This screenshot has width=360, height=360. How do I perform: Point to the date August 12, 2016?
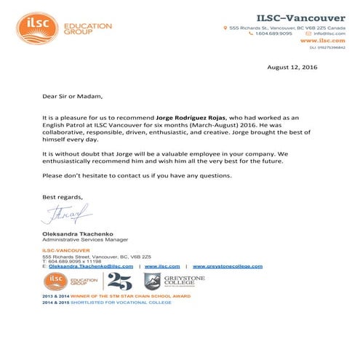(x=293, y=67)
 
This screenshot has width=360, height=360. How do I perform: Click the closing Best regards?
(x=63, y=197)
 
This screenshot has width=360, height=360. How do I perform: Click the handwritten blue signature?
(x=65, y=215)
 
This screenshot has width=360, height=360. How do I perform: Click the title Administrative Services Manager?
(x=85, y=239)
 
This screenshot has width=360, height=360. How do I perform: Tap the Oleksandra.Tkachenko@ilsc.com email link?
(x=90, y=267)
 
